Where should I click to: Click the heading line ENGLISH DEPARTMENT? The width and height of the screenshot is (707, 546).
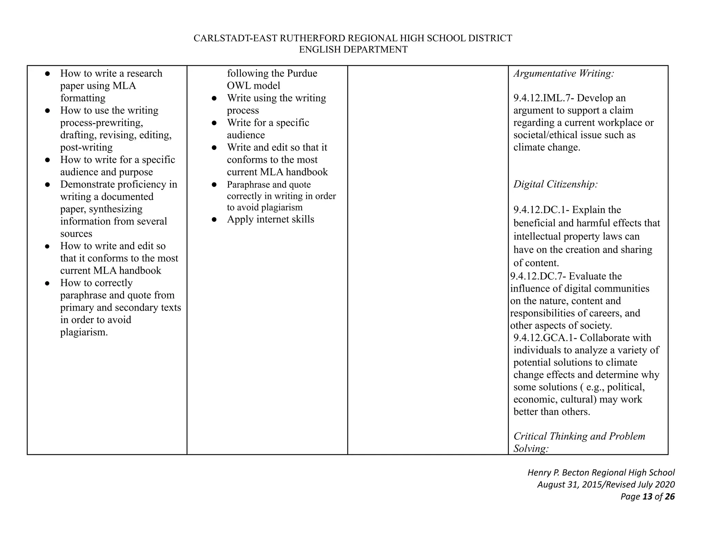pos(353,50)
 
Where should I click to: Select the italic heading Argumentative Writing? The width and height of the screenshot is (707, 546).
pos(564,74)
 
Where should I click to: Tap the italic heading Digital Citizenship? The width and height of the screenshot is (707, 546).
pos(555,184)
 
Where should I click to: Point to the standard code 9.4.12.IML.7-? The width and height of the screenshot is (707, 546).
pos(544,98)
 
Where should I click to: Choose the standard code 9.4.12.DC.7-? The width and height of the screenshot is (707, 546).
pos(538,276)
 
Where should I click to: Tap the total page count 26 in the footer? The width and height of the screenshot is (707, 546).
pos(670,497)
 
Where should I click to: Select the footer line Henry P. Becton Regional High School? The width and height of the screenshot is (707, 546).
pos(601,472)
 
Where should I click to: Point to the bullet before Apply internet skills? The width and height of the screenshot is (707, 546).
pos(214,220)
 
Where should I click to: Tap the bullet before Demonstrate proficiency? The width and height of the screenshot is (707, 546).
pos(48,185)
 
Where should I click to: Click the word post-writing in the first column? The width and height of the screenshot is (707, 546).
pos(86,147)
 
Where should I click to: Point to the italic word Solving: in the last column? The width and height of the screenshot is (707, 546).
pos(531,449)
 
